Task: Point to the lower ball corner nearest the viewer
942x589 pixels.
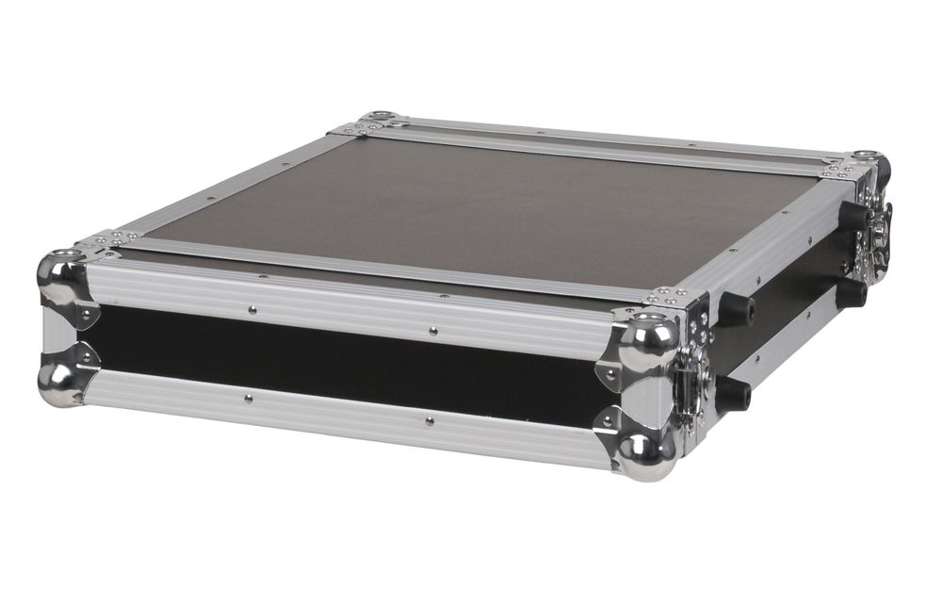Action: pyautogui.click(x=646, y=456)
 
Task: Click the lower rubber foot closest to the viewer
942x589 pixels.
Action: pyautogui.click(x=733, y=393)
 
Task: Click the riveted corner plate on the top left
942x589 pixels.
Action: pyautogui.click(x=108, y=239)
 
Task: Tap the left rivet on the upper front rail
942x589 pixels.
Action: pyautogui.click(x=252, y=307)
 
